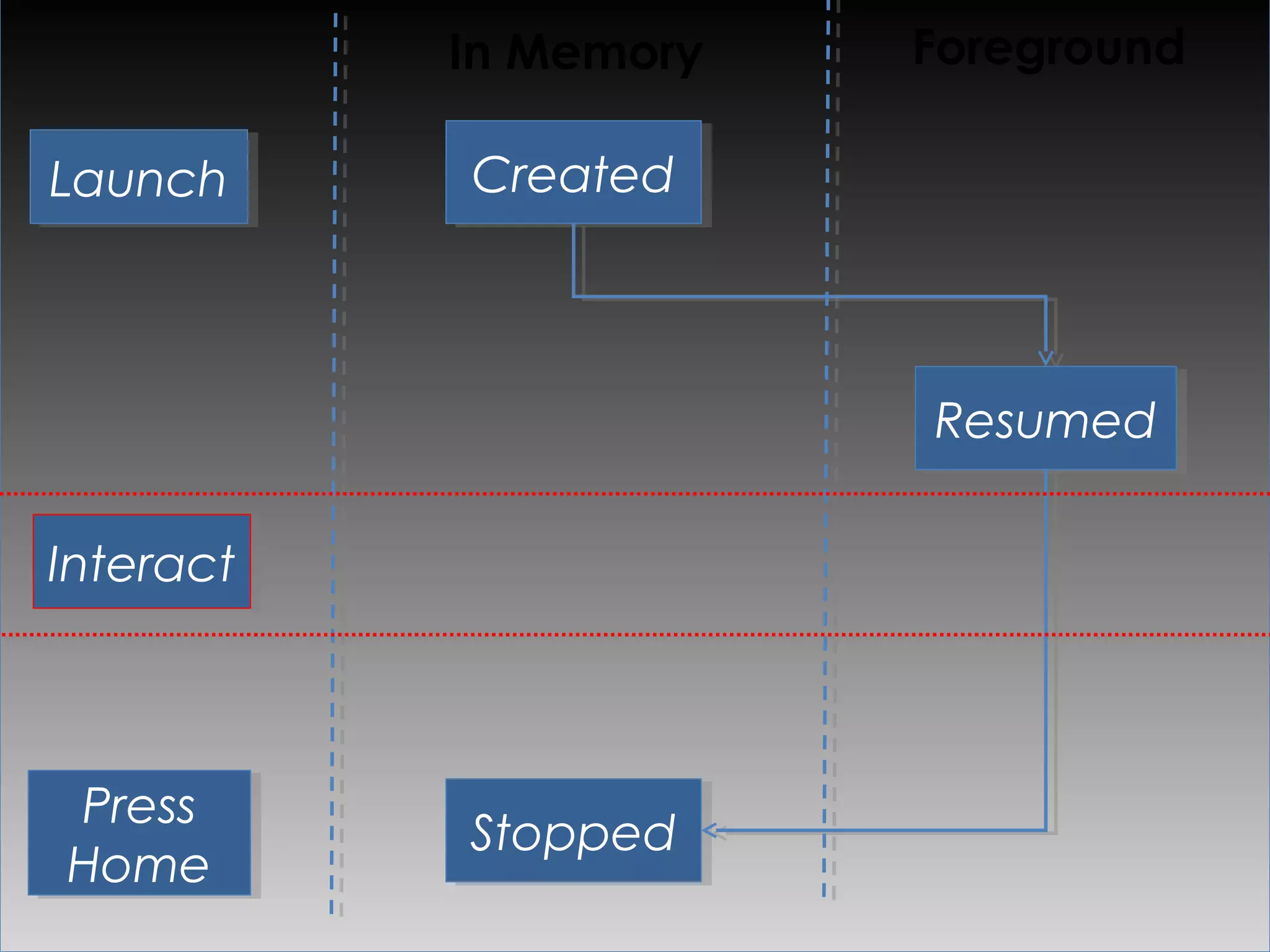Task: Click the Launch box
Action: coord(139,177)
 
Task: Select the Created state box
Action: coord(573,172)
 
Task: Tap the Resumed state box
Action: coord(1046,418)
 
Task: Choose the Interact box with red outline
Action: coord(142,562)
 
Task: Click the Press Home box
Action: coord(140,832)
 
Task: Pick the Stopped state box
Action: coord(573,831)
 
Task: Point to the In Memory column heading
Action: coord(575,53)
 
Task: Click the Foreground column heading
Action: coord(1049,48)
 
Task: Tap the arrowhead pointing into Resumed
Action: coord(1046,359)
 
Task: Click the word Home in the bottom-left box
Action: coord(139,864)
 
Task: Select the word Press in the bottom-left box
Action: coord(139,806)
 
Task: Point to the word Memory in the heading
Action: coord(604,55)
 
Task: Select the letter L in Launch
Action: coord(62,178)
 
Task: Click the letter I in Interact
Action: coord(57,563)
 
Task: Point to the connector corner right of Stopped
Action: coord(1046,830)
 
